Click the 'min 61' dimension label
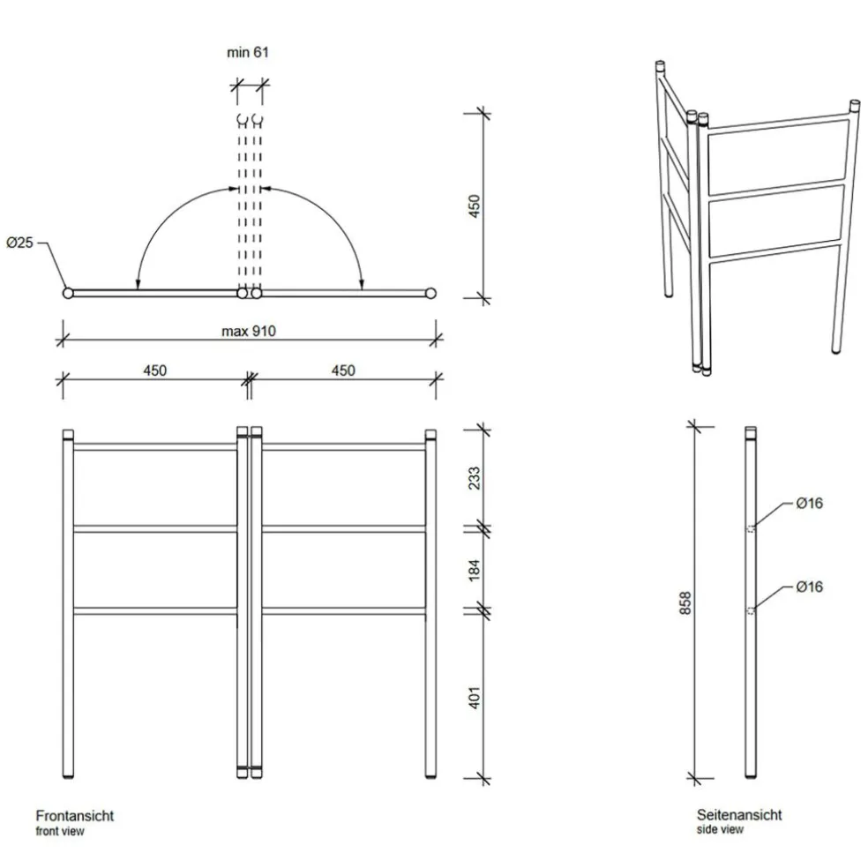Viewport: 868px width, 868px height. (247, 53)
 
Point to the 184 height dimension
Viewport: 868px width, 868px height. (474, 569)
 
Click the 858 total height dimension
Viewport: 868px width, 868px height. (685, 602)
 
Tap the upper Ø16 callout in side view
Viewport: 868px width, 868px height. (809, 504)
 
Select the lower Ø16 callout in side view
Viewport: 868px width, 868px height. (809, 587)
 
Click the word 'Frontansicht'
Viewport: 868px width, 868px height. (74, 816)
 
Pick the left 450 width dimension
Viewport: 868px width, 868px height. (154, 370)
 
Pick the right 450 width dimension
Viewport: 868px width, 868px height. (342, 370)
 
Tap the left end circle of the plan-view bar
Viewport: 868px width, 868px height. (67, 294)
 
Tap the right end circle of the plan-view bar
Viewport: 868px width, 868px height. (431, 294)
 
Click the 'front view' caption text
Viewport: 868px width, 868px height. (60, 831)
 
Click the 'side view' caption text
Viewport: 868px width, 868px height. (720, 830)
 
